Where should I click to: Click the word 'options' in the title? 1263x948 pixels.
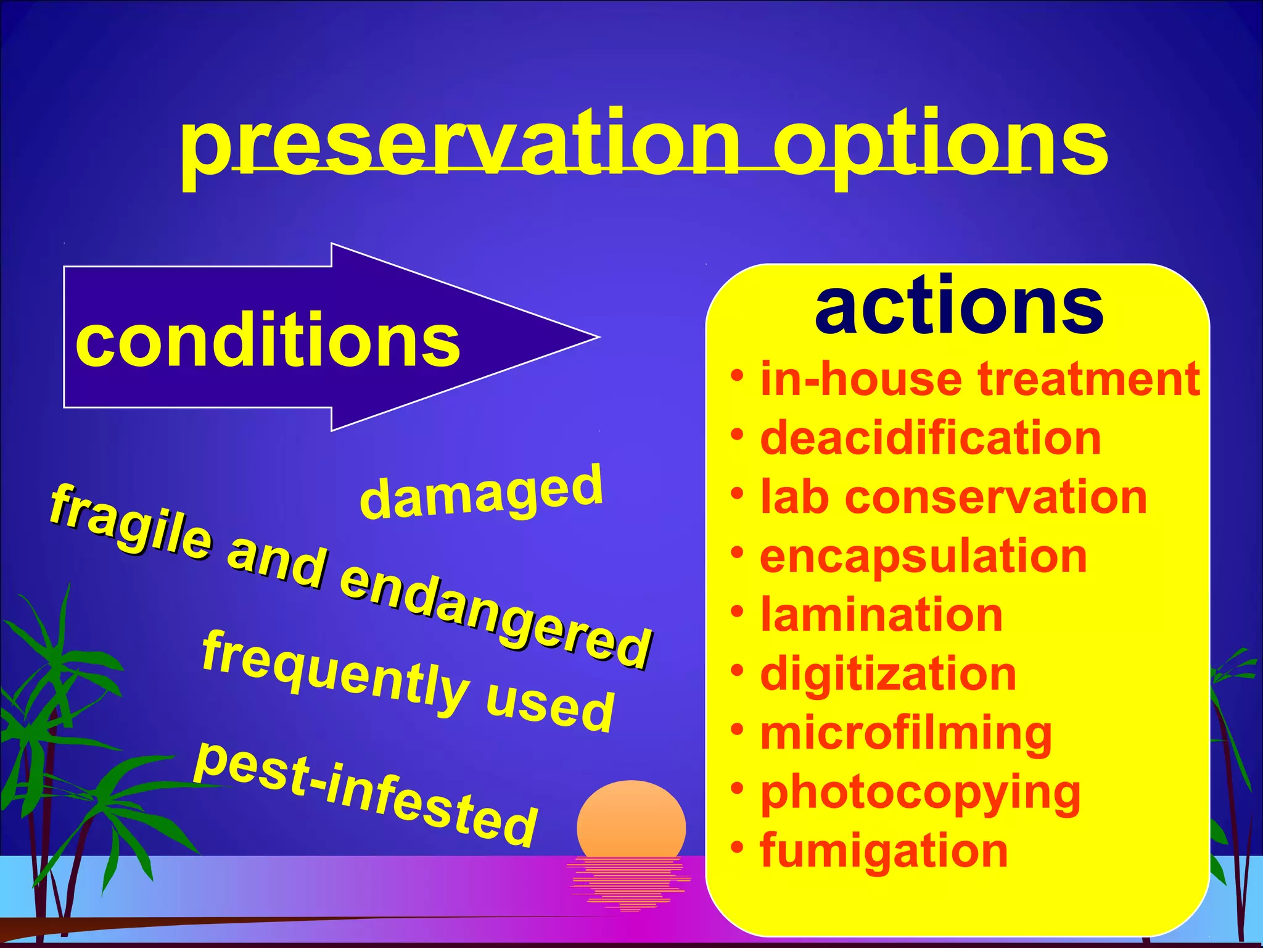[x=940, y=145]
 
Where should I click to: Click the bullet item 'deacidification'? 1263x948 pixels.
[x=930, y=438]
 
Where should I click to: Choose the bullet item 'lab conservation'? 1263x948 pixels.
[x=953, y=497]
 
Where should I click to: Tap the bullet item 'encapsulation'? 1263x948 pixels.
[x=923, y=557]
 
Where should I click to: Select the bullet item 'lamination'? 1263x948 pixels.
[x=881, y=615]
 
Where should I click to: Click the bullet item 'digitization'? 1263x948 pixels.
[x=888, y=674]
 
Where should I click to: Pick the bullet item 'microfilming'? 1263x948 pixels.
[x=905, y=733]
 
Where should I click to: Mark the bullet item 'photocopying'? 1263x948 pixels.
[x=920, y=792]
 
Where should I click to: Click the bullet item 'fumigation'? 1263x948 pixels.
[x=884, y=851]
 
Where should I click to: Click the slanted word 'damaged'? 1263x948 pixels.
[x=480, y=493]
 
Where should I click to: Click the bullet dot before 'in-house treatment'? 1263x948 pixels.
[x=737, y=375]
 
